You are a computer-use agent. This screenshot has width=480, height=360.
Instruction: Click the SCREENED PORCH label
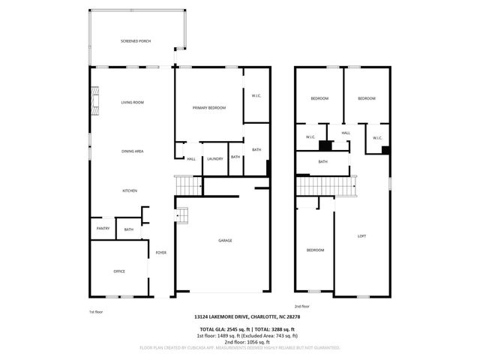coord(136,40)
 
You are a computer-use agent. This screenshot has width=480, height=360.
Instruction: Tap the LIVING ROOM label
coord(133,102)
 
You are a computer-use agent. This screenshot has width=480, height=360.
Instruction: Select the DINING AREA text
coord(133,151)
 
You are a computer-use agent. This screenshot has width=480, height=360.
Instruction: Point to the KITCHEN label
coord(130,191)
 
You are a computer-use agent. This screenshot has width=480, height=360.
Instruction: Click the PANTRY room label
coord(103,229)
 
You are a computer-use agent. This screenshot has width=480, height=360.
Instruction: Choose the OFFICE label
coord(118,271)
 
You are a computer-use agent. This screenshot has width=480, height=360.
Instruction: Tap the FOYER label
coord(160,253)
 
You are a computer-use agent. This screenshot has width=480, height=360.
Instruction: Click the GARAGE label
coord(224,241)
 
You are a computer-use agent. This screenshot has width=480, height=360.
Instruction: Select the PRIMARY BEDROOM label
coord(208,108)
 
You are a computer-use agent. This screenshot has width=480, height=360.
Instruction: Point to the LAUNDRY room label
coord(215,158)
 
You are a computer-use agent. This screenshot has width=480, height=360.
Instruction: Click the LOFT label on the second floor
coord(361,236)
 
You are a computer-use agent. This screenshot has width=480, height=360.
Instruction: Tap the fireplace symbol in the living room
coord(94,98)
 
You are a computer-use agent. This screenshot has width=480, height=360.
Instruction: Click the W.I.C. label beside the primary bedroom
coord(256,94)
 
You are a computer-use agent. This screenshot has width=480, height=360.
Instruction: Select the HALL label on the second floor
coord(346,133)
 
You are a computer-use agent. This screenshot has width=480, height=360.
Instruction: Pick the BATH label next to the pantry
coord(128,229)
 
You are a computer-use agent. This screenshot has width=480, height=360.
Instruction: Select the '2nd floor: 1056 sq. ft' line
coord(239,341)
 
